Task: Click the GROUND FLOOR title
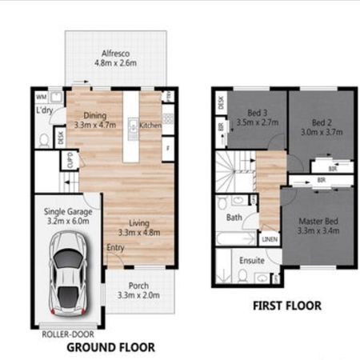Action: coord(110,348)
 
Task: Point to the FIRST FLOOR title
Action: coord(286,306)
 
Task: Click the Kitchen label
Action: coord(150,126)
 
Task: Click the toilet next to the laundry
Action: coord(43,139)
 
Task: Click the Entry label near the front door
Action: coord(116,247)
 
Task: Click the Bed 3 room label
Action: coord(257,113)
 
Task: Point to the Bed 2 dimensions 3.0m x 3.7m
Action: coord(321,133)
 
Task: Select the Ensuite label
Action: coord(252,261)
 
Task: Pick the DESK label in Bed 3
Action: coord(220,102)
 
